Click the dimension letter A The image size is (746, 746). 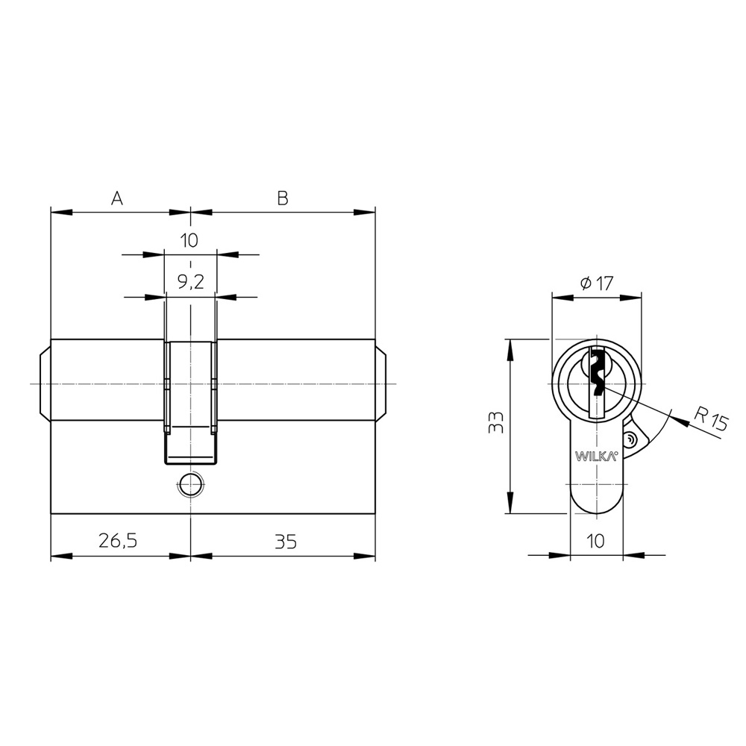[117, 198]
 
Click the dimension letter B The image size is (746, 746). [283, 198]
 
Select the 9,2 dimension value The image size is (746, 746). [191, 283]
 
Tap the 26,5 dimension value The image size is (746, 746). [118, 541]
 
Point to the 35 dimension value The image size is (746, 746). [286, 542]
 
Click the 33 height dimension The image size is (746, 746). [496, 422]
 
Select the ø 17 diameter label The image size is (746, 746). [597, 283]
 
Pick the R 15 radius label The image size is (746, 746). [711, 419]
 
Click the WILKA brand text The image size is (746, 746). [597, 457]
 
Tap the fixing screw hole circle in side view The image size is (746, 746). [191, 485]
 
